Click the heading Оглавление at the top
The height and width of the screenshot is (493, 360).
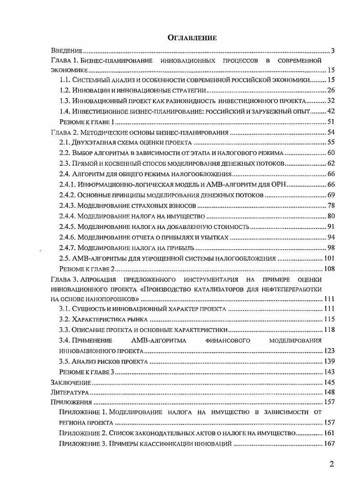tap(192, 38)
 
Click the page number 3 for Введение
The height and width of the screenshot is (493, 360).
tap(332, 50)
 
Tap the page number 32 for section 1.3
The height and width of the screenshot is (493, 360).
tap(330, 100)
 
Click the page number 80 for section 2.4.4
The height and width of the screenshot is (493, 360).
tap(330, 216)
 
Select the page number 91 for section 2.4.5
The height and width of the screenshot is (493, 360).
tap(330, 226)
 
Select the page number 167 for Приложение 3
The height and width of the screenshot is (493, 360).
tap(328, 444)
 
